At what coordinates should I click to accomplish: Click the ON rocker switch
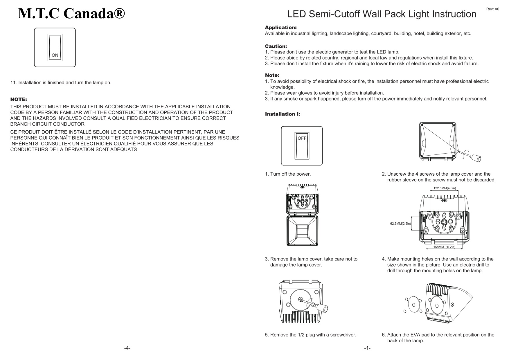55,48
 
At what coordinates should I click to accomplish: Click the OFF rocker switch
302,146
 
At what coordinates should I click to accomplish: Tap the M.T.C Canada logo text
72,13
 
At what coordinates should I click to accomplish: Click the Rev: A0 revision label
492,9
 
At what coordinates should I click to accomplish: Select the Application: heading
280,28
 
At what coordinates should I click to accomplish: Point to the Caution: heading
276,46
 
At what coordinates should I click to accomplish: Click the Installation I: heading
283,114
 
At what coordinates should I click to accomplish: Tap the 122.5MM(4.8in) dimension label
445,188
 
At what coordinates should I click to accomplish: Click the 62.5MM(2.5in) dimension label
400,224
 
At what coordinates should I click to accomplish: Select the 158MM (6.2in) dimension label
444,247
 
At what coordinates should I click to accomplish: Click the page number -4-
127,348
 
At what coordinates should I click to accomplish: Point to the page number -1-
367,348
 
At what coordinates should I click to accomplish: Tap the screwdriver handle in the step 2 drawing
476,158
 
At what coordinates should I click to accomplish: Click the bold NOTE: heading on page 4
19,100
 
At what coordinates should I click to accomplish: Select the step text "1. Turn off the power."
288,174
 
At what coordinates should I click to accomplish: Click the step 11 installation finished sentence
61,83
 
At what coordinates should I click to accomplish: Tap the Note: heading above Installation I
272,75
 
